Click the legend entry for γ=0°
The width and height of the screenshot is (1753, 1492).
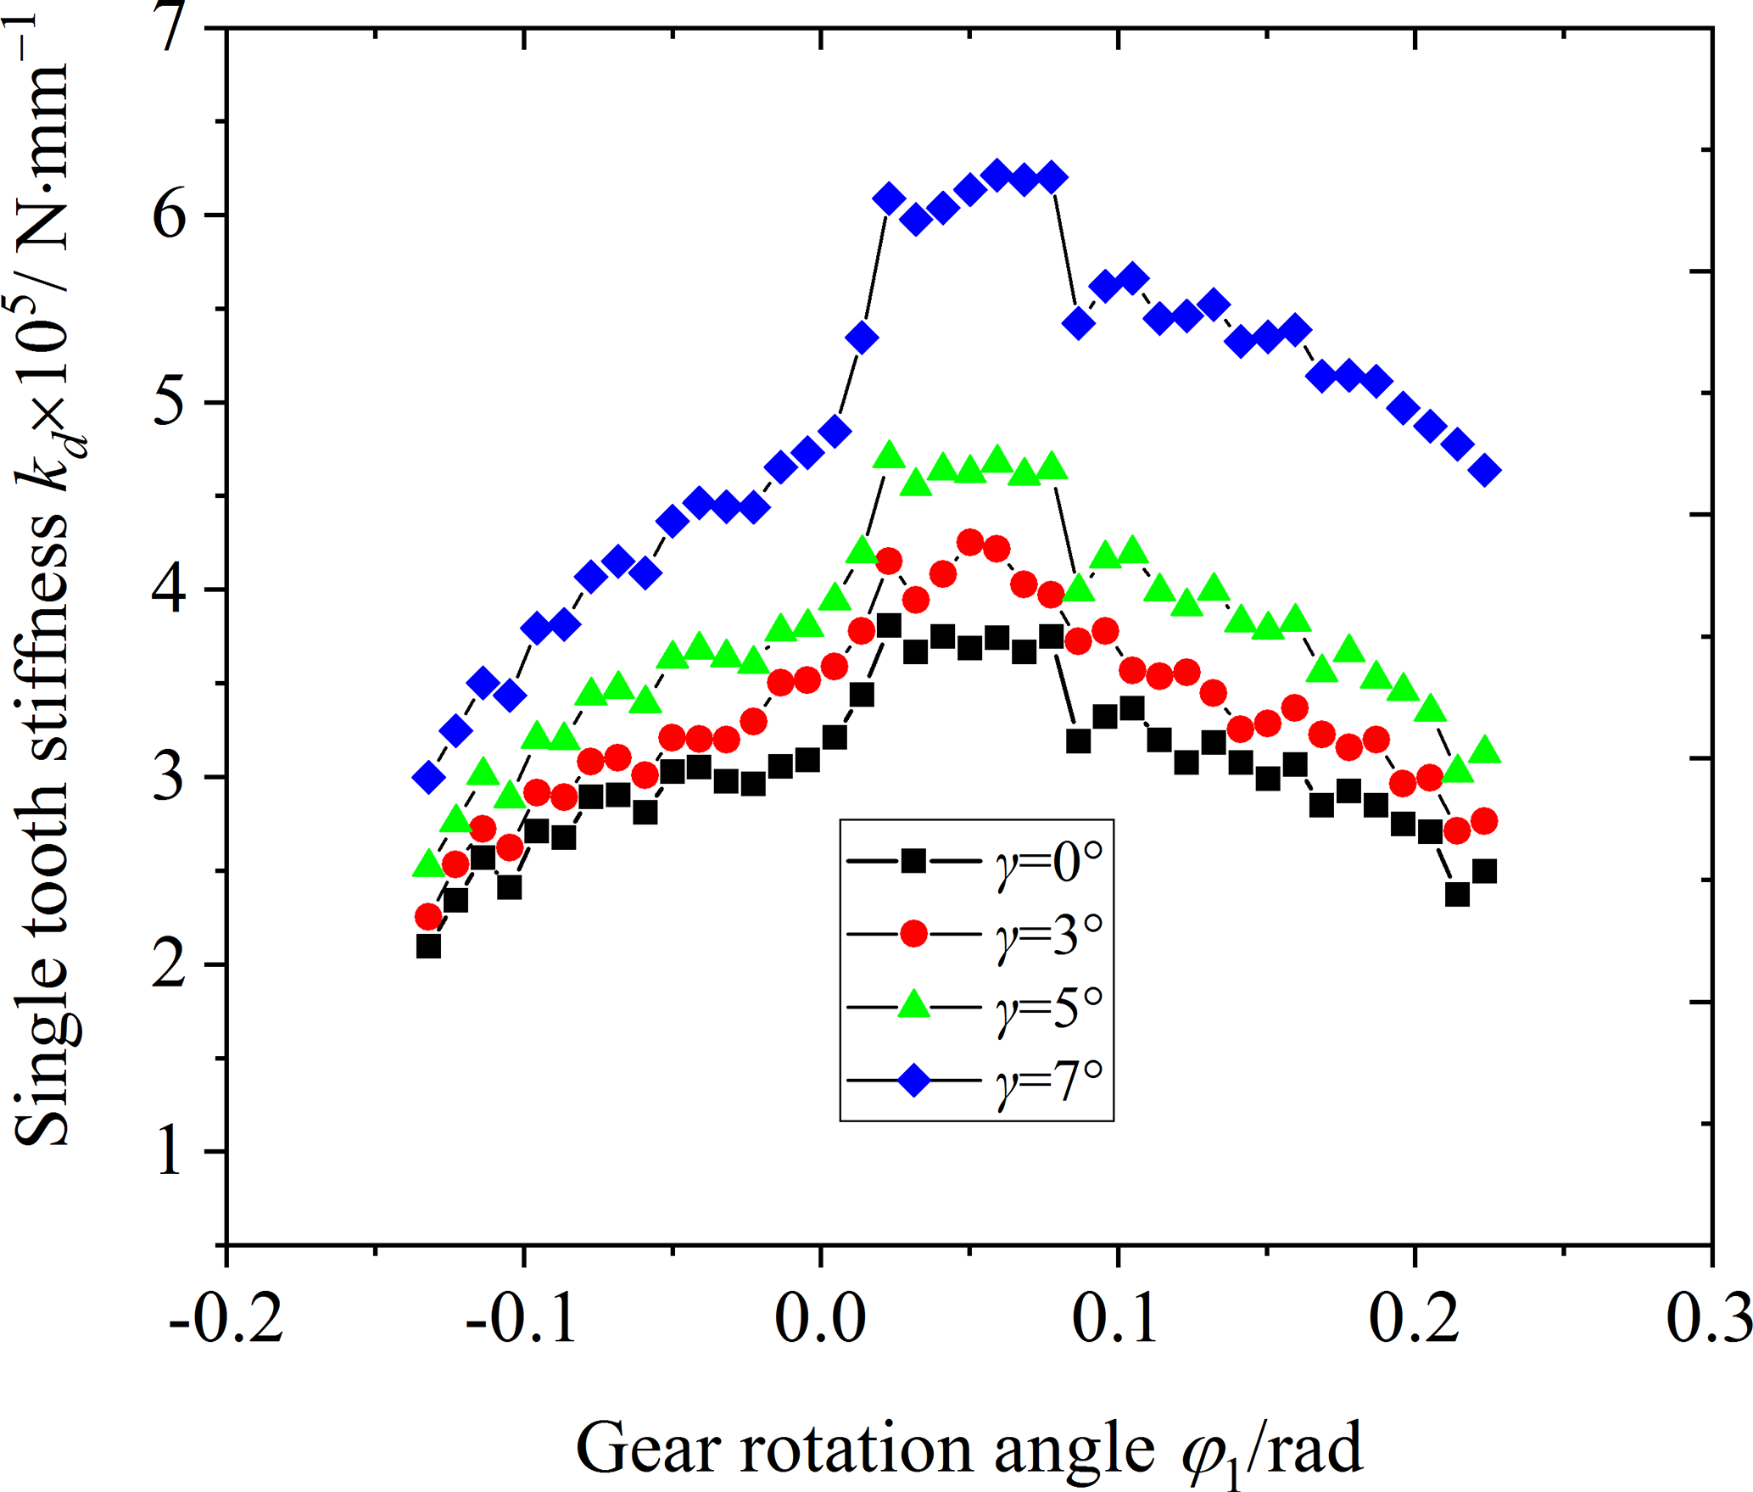point(975,862)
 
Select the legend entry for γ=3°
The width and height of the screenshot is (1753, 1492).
point(975,934)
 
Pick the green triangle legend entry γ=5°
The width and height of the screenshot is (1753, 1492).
point(975,1007)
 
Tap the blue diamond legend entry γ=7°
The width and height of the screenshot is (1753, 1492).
point(975,1081)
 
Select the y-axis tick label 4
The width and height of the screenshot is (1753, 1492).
point(170,590)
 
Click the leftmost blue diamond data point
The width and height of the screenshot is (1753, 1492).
point(429,777)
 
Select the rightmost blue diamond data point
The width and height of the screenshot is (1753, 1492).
point(1485,470)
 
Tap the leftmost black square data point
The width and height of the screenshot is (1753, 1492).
point(429,946)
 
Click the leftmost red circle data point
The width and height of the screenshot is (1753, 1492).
point(429,917)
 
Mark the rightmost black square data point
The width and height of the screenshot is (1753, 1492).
point(1485,871)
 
